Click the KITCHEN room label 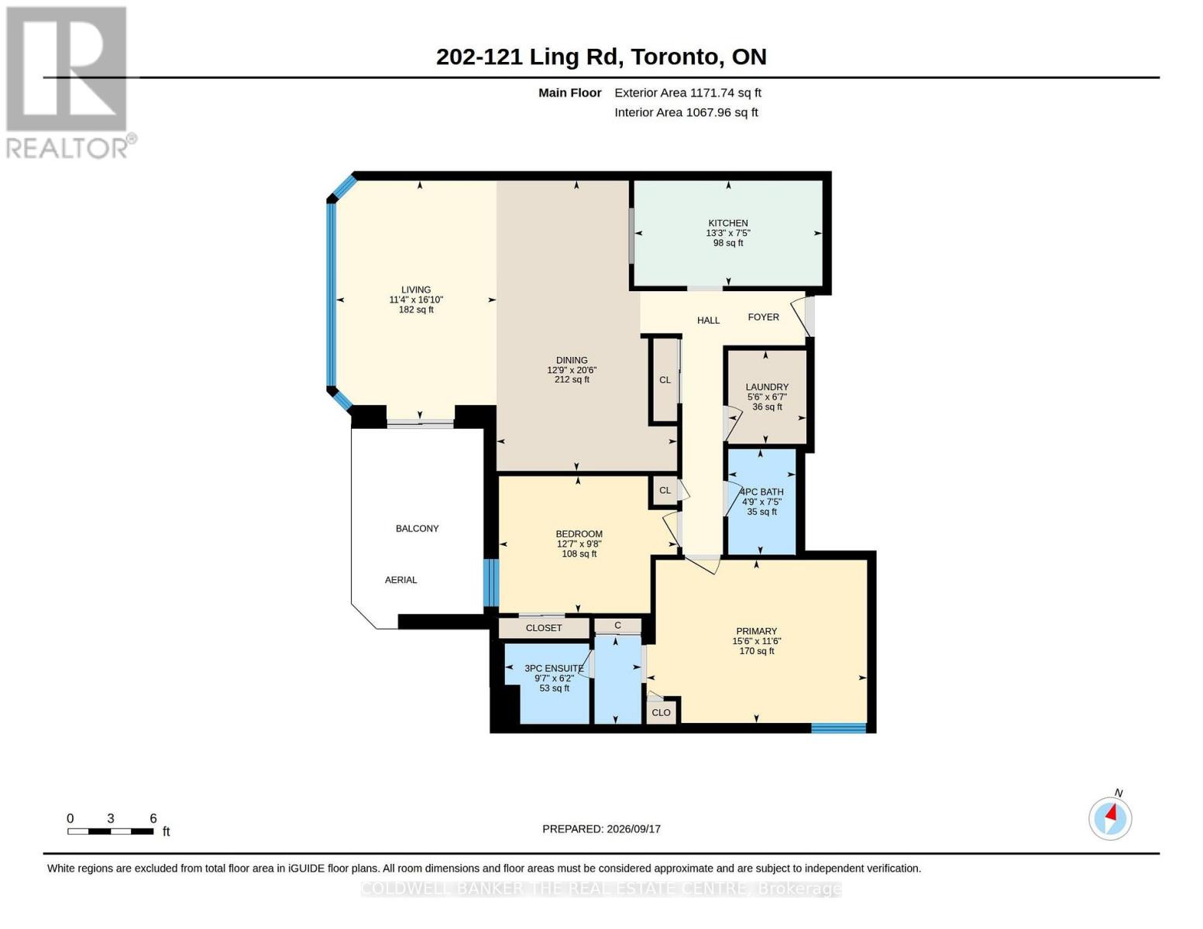click(x=728, y=223)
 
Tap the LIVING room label click(x=416, y=290)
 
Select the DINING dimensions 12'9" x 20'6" click(x=572, y=370)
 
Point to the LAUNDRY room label click(x=767, y=387)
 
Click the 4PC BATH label click(x=761, y=492)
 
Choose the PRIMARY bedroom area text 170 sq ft click(x=757, y=651)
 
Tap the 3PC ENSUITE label click(x=554, y=668)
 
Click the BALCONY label click(x=418, y=529)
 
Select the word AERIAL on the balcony click(x=401, y=580)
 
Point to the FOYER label click(x=764, y=317)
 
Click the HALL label click(x=709, y=321)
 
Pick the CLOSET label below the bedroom click(x=545, y=628)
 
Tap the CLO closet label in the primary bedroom click(x=661, y=713)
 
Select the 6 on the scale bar click(x=153, y=818)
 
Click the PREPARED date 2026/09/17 click(x=634, y=829)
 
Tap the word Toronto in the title click(x=678, y=57)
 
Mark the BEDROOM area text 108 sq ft click(x=579, y=554)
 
